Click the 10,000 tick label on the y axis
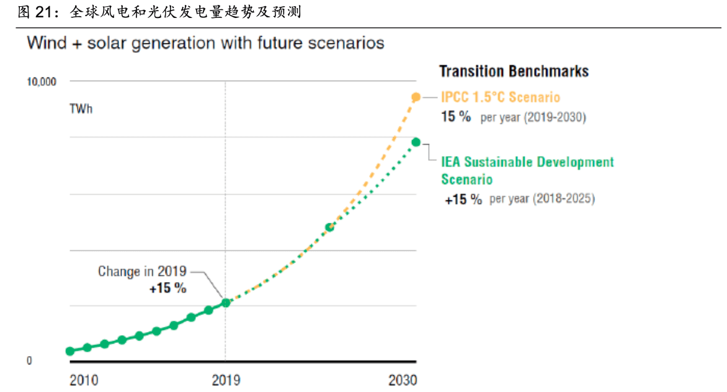tap(41, 81)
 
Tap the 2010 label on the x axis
tap(84, 380)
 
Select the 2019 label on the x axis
tap(226, 380)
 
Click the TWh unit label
tap(81, 110)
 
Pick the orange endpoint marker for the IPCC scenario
tap(416, 97)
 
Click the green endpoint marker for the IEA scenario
tap(416, 142)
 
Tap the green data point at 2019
tap(226, 303)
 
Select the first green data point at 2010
tap(69, 351)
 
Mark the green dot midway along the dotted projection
tap(330, 227)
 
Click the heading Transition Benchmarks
tap(514, 71)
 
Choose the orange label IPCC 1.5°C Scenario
tap(500, 97)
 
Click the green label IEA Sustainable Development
tap(527, 163)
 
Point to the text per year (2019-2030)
tap(533, 117)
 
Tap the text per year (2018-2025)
tap(542, 199)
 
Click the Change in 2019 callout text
tap(142, 272)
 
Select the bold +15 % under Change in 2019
tap(167, 288)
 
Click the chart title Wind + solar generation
tap(205, 43)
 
